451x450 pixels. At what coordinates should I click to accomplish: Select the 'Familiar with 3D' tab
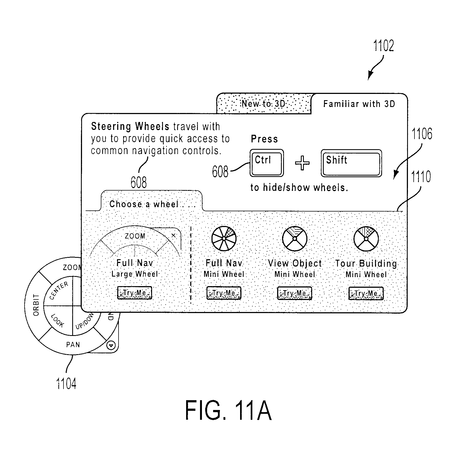tap(359, 104)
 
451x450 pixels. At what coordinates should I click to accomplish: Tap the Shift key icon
tap(351, 163)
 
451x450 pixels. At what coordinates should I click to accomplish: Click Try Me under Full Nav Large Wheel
tap(135, 293)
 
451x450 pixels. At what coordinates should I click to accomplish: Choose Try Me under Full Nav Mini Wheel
tap(224, 293)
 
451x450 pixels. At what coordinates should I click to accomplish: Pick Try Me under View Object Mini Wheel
tap(295, 293)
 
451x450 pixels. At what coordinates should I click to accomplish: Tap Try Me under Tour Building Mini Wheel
tap(366, 293)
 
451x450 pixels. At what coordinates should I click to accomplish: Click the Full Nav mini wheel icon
tap(224, 238)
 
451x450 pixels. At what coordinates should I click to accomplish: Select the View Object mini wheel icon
tap(295, 238)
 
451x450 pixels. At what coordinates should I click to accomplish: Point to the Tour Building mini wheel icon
tap(366, 239)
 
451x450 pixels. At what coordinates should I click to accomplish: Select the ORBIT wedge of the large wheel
tap(36, 305)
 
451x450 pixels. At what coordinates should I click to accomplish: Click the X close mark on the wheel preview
tap(174, 235)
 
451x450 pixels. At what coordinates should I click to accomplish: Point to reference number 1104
tap(66, 384)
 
